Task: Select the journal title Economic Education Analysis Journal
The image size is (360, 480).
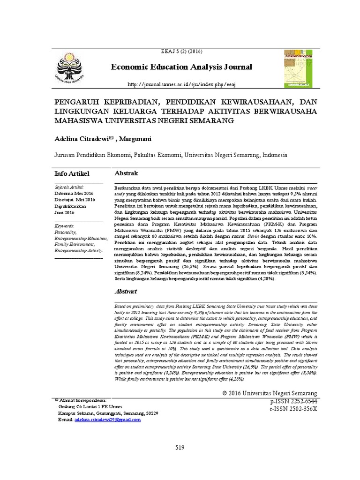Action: point(182,67)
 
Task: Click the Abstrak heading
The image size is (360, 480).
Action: point(127,173)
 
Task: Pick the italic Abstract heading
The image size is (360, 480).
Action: point(127,292)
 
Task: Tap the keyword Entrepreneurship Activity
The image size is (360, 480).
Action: point(79,251)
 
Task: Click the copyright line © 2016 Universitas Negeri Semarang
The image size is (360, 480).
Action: point(270,393)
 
